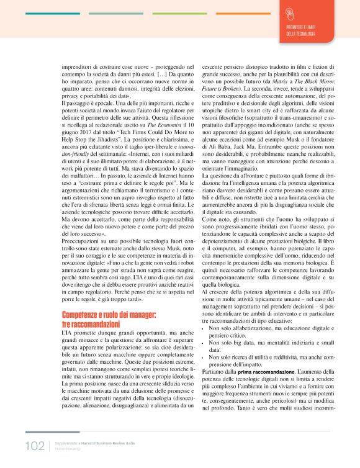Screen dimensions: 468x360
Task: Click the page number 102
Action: pyautogui.click(x=35, y=446)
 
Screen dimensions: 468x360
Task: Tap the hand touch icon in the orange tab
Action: pyautogui.click(x=290, y=14)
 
